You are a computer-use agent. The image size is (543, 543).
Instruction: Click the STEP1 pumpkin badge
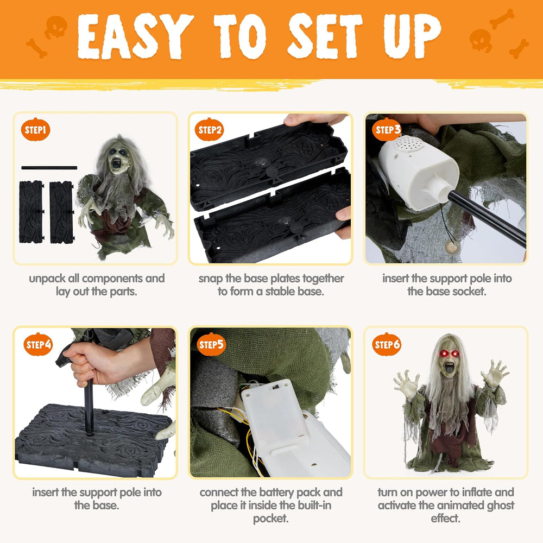coord(36,129)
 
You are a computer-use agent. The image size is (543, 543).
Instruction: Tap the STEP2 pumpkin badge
coord(209,129)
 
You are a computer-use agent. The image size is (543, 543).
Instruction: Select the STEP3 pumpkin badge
coord(387,129)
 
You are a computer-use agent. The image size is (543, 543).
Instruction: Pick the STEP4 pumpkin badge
coord(38,344)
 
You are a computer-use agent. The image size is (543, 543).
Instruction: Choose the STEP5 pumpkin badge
coord(211,344)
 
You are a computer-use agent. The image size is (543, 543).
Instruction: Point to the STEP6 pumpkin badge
coord(387,344)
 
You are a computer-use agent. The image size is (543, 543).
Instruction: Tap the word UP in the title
coord(413,36)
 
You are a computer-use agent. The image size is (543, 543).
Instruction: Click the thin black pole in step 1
coord(49,168)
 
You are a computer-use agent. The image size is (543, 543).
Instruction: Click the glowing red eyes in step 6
coord(449,353)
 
